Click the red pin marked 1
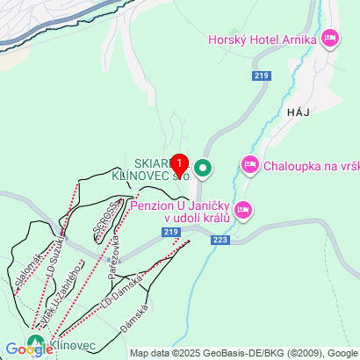pos(179,163)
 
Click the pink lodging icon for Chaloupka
pos(249,164)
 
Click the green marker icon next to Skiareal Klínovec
pos(204,167)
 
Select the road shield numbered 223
pos(220,239)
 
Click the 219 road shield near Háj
pos(261,77)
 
